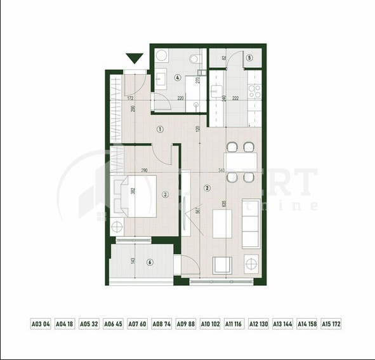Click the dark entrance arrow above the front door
point(135,59)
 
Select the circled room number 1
point(160,129)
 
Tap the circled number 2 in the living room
point(207,188)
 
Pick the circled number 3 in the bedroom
point(165,195)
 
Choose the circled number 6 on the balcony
point(150,262)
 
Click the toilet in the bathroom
point(194,59)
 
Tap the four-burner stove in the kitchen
point(254,91)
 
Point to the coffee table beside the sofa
point(221,223)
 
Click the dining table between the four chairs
point(240,163)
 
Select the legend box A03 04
point(41,324)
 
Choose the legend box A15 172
point(331,324)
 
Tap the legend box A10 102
point(210,324)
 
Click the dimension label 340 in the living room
point(220,170)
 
